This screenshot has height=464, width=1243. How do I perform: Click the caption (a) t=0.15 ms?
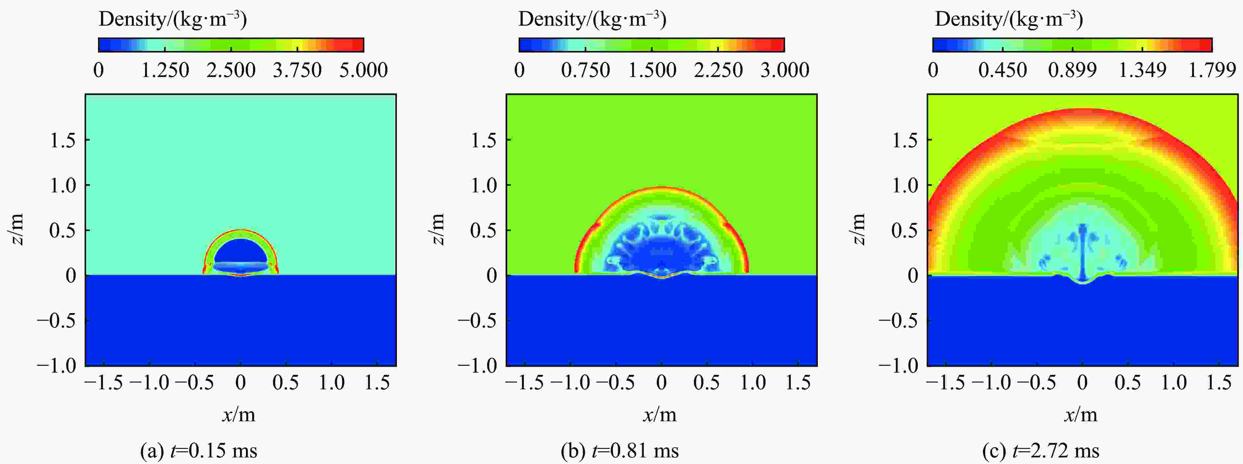point(198,451)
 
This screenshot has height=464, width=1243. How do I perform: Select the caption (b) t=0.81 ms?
point(620,451)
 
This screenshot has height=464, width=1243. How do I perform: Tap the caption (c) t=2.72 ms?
point(1041,451)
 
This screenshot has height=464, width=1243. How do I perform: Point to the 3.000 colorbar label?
point(785,70)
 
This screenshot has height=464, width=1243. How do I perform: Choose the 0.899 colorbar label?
point(1072,70)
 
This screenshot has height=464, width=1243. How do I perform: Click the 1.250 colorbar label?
point(165,70)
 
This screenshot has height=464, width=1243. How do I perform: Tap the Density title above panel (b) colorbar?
point(592,19)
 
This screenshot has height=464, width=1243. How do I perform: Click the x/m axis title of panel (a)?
point(239,414)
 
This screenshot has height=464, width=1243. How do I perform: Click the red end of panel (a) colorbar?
point(358,45)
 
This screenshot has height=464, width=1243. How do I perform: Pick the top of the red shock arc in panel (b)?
point(662,188)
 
